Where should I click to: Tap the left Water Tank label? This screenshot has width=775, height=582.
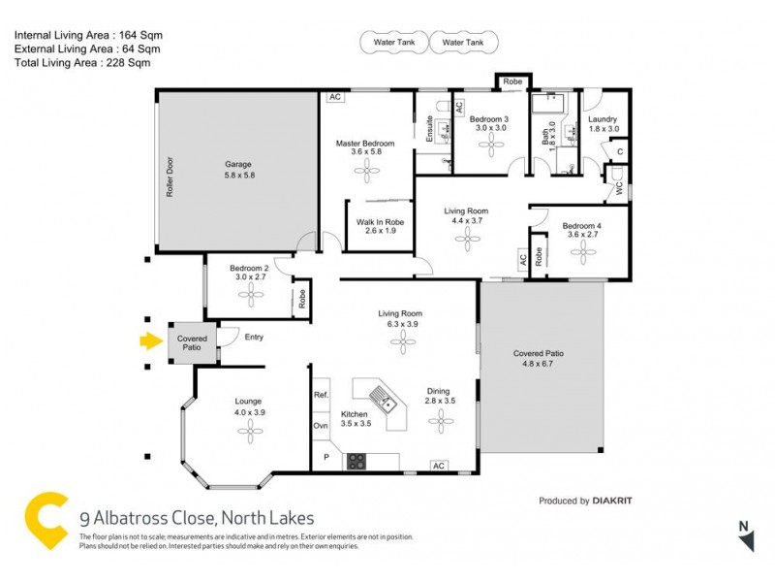coord(387,44)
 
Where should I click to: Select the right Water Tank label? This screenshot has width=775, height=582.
coord(464,44)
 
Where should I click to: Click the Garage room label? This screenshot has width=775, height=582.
coord(238,170)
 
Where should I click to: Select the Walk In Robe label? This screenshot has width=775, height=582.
coord(380,227)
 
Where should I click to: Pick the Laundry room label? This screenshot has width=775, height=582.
coord(603,124)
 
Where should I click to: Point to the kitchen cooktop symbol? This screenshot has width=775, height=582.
coord(356,461)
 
